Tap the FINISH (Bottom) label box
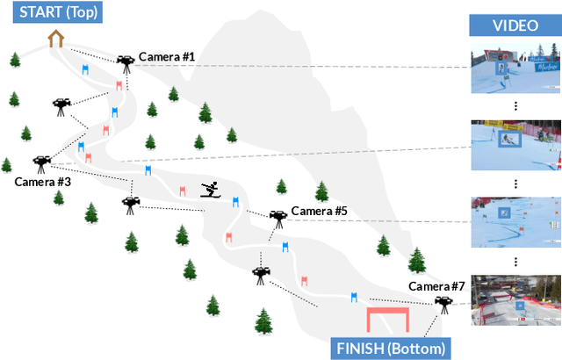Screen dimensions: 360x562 391,348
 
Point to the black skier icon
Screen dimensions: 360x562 210,189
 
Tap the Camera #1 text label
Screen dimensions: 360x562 167,56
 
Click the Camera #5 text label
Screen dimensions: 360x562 320,211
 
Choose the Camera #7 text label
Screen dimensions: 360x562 436,286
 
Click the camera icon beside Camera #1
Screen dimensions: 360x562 126,61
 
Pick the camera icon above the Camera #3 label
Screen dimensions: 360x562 41,162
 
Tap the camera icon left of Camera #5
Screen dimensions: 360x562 277,215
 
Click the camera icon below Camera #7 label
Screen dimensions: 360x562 443,303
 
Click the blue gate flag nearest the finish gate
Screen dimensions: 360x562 354,299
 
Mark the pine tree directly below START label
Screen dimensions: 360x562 16,60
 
